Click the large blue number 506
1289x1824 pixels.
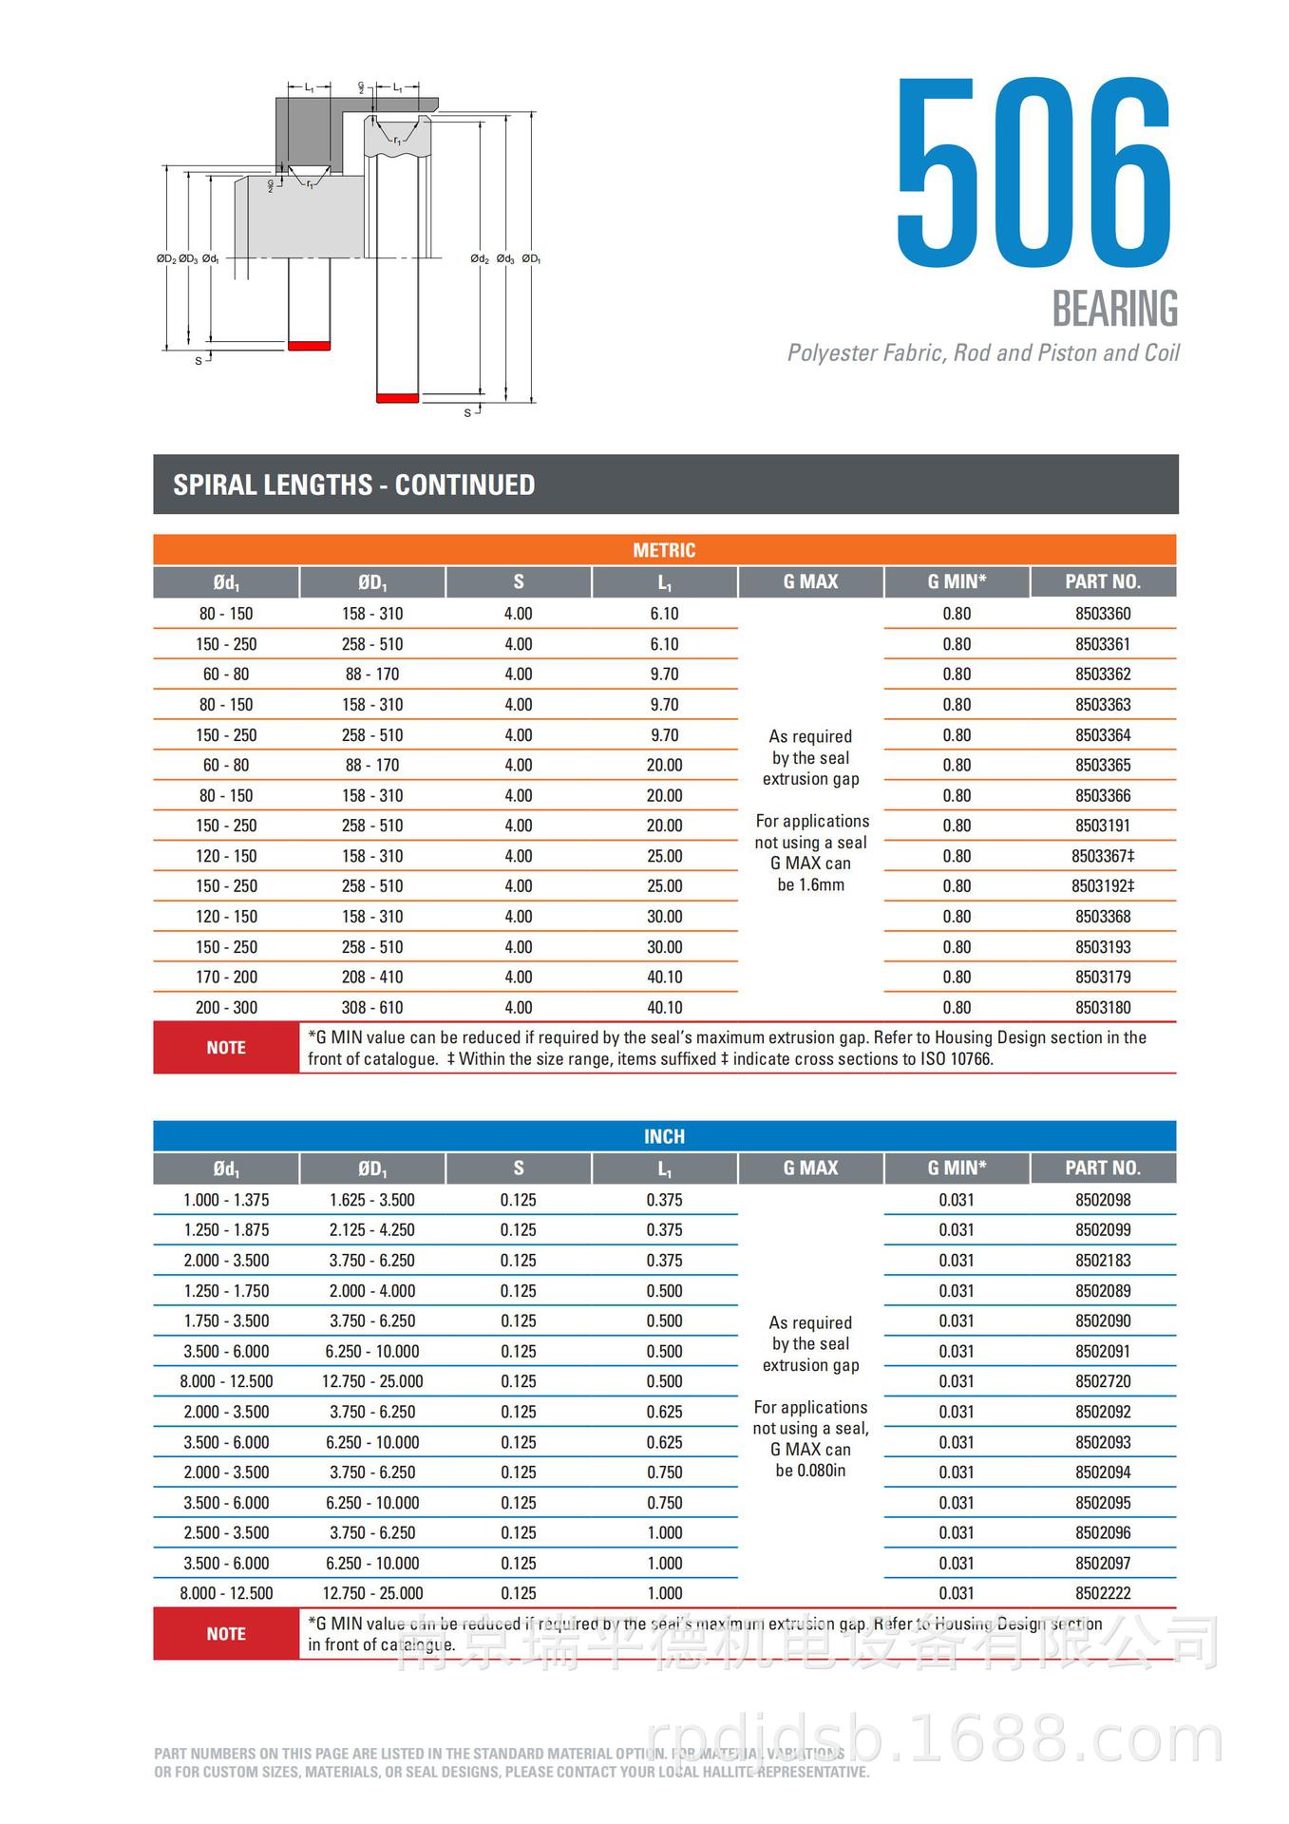[x=1034, y=173]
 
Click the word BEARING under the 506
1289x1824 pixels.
[x=1114, y=310]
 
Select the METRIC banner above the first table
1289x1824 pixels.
[x=664, y=550]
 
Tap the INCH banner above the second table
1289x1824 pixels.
[x=664, y=1136]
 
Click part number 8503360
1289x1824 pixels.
[x=1102, y=614]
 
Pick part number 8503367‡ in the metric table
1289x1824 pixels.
[x=1102, y=856]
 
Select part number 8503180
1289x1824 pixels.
[x=1102, y=1007]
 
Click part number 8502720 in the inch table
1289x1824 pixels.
[x=1102, y=1381]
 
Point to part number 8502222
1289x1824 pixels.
[x=1102, y=1593]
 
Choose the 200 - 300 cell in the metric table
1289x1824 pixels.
[x=226, y=1007]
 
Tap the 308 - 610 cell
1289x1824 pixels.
[x=372, y=1007]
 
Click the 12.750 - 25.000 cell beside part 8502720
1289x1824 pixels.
[x=372, y=1381]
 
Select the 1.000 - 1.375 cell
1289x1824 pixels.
[x=226, y=1200]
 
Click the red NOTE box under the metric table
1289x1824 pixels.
[x=226, y=1048]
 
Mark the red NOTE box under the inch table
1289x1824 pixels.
[x=226, y=1634]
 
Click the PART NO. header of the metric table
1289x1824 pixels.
[x=1102, y=581]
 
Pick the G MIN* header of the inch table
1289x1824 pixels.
[x=957, y=1168]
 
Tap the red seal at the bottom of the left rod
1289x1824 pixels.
[x=309, y=346]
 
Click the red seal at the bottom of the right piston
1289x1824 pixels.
[x=397, y=397]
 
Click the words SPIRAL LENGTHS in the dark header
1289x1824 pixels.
[x=273, y=484]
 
